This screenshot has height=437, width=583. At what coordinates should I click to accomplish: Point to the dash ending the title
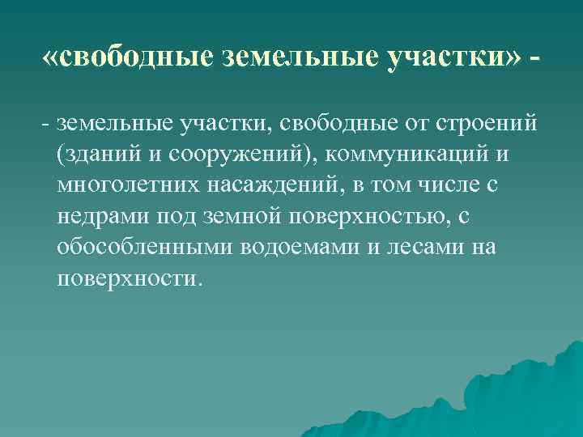(537, 60)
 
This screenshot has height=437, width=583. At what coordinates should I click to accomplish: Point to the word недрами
(102, 216)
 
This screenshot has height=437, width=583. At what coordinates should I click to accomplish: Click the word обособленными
(146, 247)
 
